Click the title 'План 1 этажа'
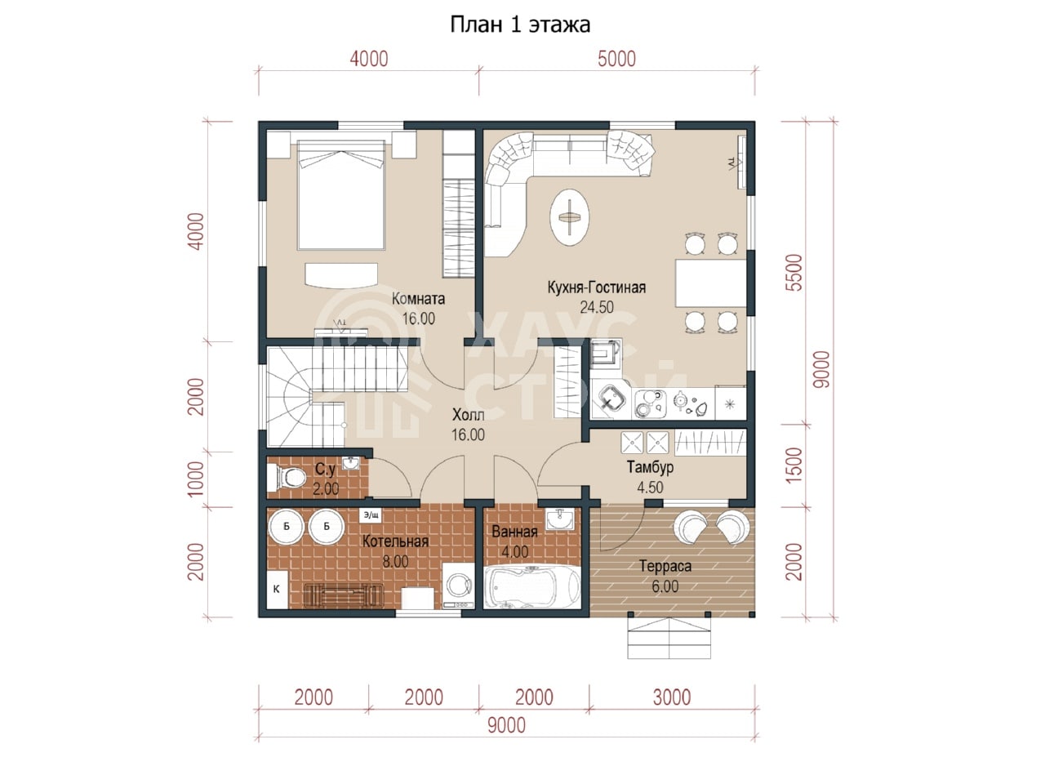pyautogui.click(x=520, y=24)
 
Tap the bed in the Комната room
pyautogui.click(x=341, y=194)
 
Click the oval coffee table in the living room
pyautogui.click(x=570, y=217)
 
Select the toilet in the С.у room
pyautogui.click(x=287, y=478)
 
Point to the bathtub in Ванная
pyautogui.click(x=531, y=587)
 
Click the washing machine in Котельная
pyautogui.click(x=459, y=586)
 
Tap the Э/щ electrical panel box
pyautogui.click(x=371, y=514)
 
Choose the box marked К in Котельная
pyautogui.click(x=277, y=590)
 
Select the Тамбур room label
pyautogui.click(x=650, y=467)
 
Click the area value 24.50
pyautogui.click(x=597, y=308)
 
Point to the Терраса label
pyautogui.click(x=665, y=567)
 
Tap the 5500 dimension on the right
pyautogui.click(x=794, y=273)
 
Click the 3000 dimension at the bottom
pyautogui.click(x=672, y=697)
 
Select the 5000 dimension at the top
pyautogui.click(x=616, y=59)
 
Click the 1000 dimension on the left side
pyautogui.click(x=195, y=479)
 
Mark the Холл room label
pyautogui.click(x=468, y=415)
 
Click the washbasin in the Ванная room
pyautogui.click(x=560, y=520)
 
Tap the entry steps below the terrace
pyautogui.click(x=669, y=638)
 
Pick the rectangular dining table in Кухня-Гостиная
pyautogui.click(x=711, y=283)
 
